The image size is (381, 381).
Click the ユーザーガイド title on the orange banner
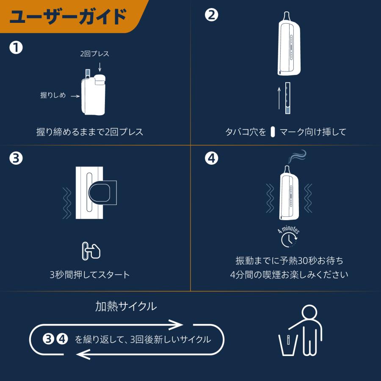[68, 17]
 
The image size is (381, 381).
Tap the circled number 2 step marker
[211, 15]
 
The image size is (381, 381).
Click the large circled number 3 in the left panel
[16, 158]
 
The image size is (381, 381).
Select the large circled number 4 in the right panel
[211, 158]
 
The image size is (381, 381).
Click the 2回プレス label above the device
[95, 54]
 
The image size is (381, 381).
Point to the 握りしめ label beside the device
[53, 96]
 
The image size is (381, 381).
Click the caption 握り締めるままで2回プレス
[90, 132]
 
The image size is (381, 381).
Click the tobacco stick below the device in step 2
[288, 97]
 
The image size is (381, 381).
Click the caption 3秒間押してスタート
[90, 275]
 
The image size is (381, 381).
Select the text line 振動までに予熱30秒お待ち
[289, 260]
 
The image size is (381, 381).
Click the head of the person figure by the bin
[309, 314]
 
